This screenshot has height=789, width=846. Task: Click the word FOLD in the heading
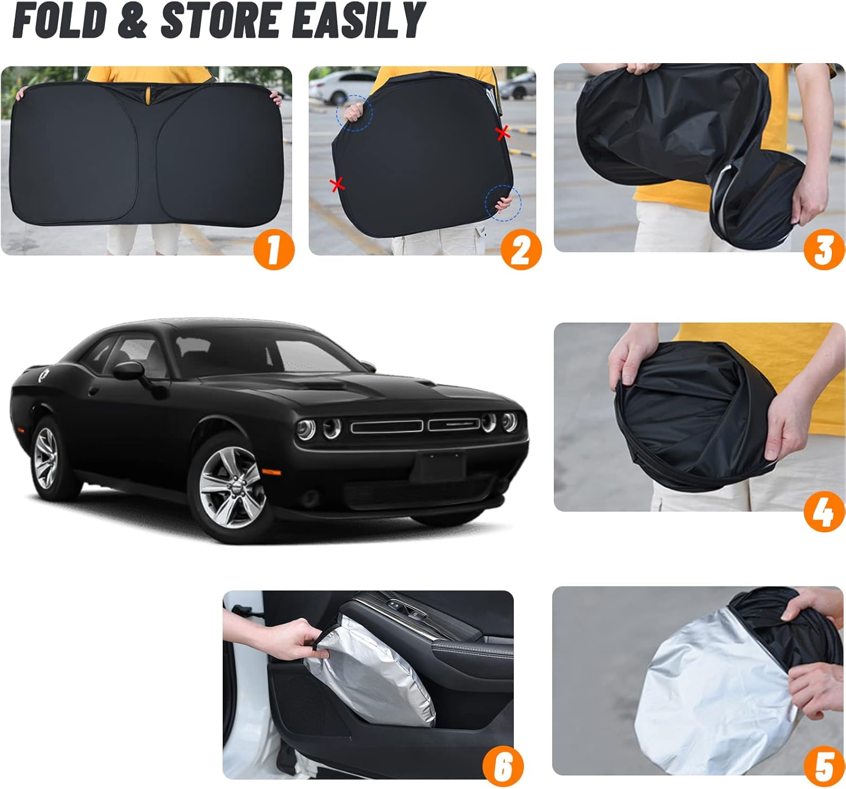[60, 20]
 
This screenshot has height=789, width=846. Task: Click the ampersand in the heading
[133, 20]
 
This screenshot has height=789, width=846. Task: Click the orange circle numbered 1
[274, 249]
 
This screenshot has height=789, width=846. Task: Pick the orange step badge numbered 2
[521, 249]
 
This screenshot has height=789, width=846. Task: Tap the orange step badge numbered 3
[824, 249]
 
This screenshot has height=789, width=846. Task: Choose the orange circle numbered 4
[824, 511]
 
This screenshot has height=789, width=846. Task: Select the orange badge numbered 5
[824, 767]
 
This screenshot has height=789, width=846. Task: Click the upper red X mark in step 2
[503, 133]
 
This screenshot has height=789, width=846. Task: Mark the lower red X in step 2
[337, 185]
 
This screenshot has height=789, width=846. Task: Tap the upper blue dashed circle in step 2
[354, 113]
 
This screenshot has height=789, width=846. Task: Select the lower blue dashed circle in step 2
[503, 203]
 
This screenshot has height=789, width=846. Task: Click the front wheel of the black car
[231, 487]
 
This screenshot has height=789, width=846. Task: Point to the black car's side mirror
[129, 371]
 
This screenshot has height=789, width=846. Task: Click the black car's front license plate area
[439, 468]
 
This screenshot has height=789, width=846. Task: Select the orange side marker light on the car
[271, 472]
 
